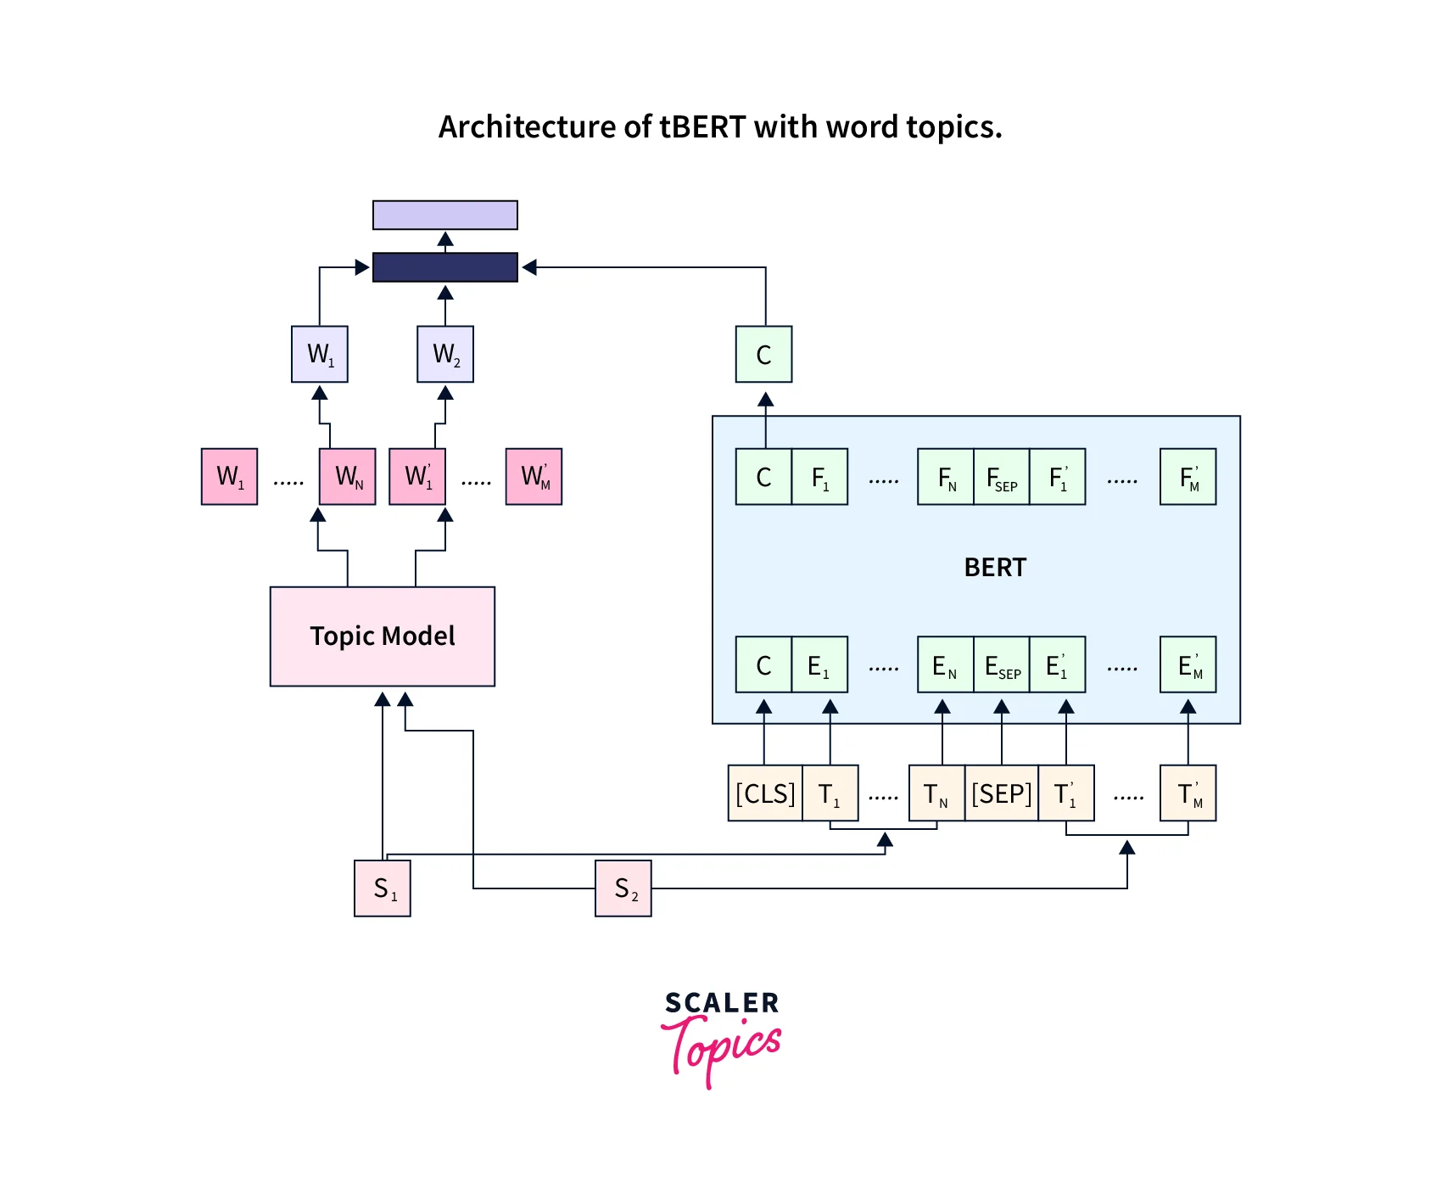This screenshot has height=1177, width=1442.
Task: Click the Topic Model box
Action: click(x=383, y=636)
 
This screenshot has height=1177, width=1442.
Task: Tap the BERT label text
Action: click(x=995, y=567)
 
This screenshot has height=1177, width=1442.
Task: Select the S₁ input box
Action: click(x=383, y=888)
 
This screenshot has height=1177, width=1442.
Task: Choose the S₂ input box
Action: click(x=623, y=888)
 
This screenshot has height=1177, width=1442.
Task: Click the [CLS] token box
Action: click(x=765, y=793)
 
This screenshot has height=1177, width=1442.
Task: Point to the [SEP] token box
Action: click(x=1002, y=793)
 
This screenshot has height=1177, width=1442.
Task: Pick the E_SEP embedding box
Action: click(x=1002, y=664)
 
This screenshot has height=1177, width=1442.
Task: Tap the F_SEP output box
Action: click(x=1002, y=477)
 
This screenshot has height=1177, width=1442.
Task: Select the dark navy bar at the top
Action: click(x=445, y=267)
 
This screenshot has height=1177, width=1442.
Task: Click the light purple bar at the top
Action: click(x=445, y=216)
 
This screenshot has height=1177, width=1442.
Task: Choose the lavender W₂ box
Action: click(x=445, y=354)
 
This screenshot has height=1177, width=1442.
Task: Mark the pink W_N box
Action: click(x=348, y=477)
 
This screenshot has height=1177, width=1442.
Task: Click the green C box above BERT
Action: click(x=764, y=354)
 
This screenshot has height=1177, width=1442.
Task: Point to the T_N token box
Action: click(x=936, y=793)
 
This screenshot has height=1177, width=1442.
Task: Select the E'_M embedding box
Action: click(x=1188, y=664)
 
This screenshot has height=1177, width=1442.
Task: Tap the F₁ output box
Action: click(x=820, y=477)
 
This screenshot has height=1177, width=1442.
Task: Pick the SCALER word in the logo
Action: click(x=722, y=1003)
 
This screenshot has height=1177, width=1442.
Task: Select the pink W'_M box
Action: click(x=534, y=477)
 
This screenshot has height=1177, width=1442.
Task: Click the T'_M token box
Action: click(x=1188, y=793)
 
